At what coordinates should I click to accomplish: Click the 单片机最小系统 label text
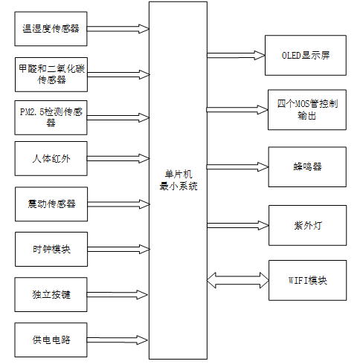point(179,181)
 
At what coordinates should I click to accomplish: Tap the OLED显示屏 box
point(306,56)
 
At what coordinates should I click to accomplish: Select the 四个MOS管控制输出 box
point(306,110)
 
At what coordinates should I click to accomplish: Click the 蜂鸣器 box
point(306,166)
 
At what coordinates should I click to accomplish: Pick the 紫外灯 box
point(306,224)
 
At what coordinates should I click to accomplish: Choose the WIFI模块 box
point(306,281)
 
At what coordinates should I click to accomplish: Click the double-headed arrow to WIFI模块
point(237,281)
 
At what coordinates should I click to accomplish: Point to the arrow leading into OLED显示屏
point(237,56)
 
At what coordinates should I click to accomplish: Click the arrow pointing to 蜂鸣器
point(237,166)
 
